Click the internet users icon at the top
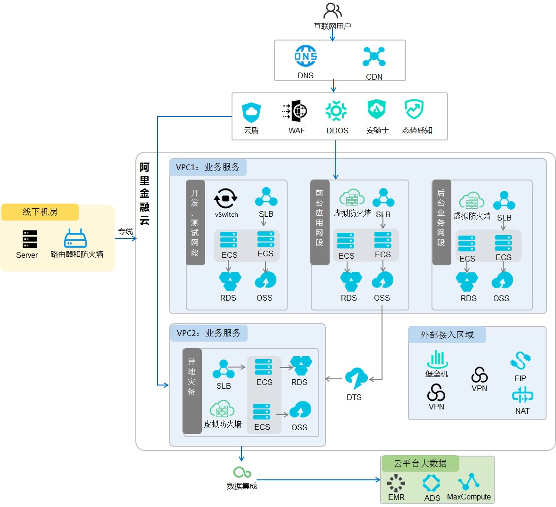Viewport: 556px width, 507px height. coord(332,11)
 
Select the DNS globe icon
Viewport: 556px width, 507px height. coord(306,56)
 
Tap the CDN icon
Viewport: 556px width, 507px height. coord(374,57)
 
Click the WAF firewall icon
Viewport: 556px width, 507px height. coord(295,111)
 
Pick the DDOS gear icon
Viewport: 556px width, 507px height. coord(336,111)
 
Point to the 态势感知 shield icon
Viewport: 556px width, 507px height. coord(414,109)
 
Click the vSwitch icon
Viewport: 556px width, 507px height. coord(225,198)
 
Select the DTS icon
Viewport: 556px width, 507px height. coord(357,379)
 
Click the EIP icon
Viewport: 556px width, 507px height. coord(520,360)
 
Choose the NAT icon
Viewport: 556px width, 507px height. coord(523,395)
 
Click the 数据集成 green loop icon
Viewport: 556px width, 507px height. coord(242,472)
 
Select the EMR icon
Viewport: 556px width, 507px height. coord(396,483)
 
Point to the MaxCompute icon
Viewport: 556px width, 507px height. coord(468,482)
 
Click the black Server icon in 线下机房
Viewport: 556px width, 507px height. coord(30,239)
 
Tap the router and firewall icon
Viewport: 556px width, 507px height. coord(75,238)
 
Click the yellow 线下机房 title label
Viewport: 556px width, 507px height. coord(40,212)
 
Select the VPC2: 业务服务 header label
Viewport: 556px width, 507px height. coord(209,333)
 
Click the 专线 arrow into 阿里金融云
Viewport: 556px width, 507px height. coord(126,238)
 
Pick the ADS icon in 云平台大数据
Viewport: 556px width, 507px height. coord(432,482)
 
